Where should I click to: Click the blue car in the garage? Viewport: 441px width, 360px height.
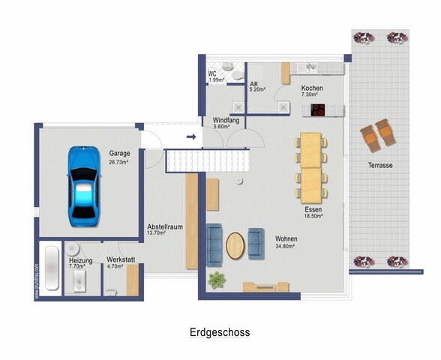point(84,186)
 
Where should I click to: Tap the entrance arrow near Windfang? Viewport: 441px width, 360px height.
point(191,137)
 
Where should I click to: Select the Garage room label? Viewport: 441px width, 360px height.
point(119,153)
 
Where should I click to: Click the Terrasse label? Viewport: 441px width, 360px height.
point(380,165)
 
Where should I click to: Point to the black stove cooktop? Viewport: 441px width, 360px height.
point(317,110)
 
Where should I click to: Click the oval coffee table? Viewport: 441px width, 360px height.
point(235,245)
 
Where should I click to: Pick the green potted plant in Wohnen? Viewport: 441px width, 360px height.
point(217,280)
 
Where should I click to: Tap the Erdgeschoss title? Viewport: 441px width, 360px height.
point(220,332)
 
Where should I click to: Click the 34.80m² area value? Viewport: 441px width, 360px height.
point(285,246)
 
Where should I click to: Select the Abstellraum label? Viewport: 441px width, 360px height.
point(165,226)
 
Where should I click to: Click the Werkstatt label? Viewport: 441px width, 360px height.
point(121,259)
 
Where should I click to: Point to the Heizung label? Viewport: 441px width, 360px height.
point(81,260)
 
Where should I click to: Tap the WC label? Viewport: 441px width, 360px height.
point(212,74)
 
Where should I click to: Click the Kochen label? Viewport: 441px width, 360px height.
point(312,88)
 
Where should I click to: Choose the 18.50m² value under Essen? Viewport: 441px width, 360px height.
point(313,216)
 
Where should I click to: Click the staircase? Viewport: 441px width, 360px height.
point(208,160)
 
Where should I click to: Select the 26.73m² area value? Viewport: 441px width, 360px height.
point(118,162)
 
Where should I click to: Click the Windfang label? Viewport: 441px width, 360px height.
point(226,120)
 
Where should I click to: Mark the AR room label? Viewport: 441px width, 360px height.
point(253,84)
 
